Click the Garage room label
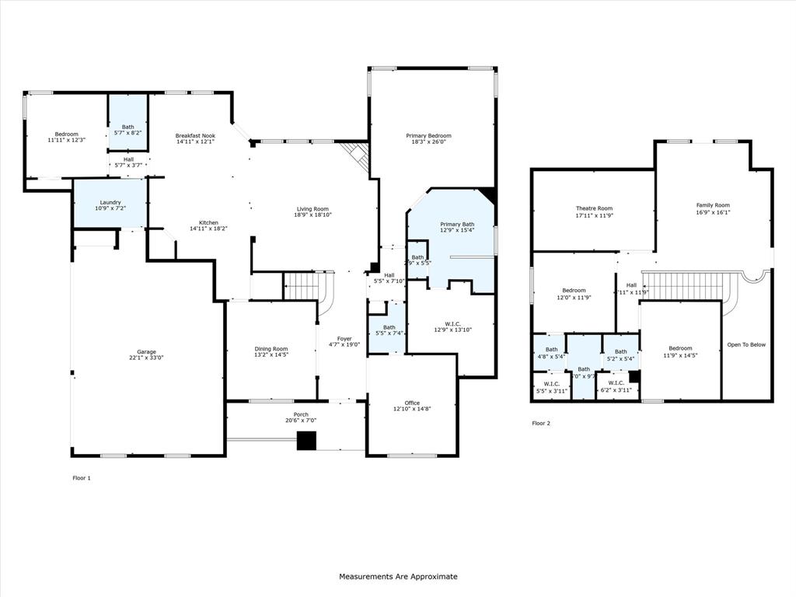146,351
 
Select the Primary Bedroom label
428,135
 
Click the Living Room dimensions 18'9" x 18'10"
312,215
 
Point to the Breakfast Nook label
195,135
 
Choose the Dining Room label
271,348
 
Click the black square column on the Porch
307,441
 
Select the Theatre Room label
594,208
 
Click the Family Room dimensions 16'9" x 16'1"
713,211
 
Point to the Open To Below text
746,344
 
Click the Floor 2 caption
541,424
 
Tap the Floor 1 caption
82,478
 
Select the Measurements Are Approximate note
398,577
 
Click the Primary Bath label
457,224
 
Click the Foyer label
344,338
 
